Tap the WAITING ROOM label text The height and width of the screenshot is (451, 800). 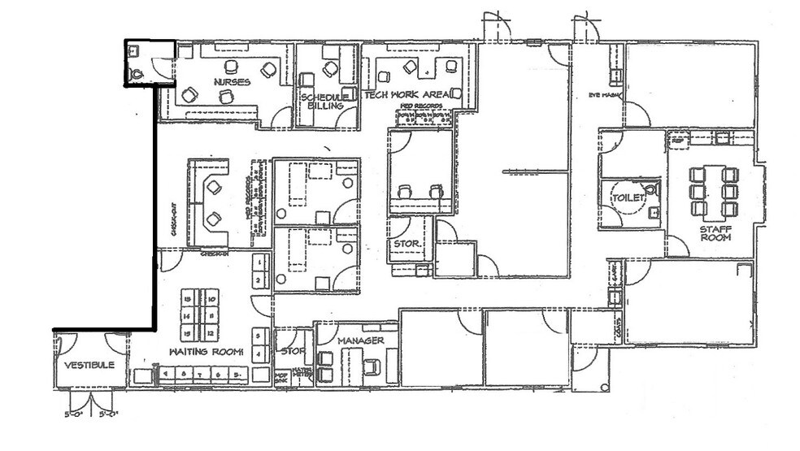tap(206, 352)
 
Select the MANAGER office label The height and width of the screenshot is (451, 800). tap(360, 340)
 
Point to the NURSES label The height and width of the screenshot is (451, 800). tap(232, 82)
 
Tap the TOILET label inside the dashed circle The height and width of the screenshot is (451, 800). tap(629, 197)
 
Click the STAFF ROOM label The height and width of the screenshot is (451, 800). tap(715, 233)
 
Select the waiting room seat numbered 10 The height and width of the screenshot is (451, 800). tap(211, 298)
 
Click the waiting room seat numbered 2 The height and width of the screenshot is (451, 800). tap(259, 281)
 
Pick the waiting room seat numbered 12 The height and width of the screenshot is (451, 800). tap(211, 333)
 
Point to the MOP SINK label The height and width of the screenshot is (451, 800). tap(281, 378)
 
